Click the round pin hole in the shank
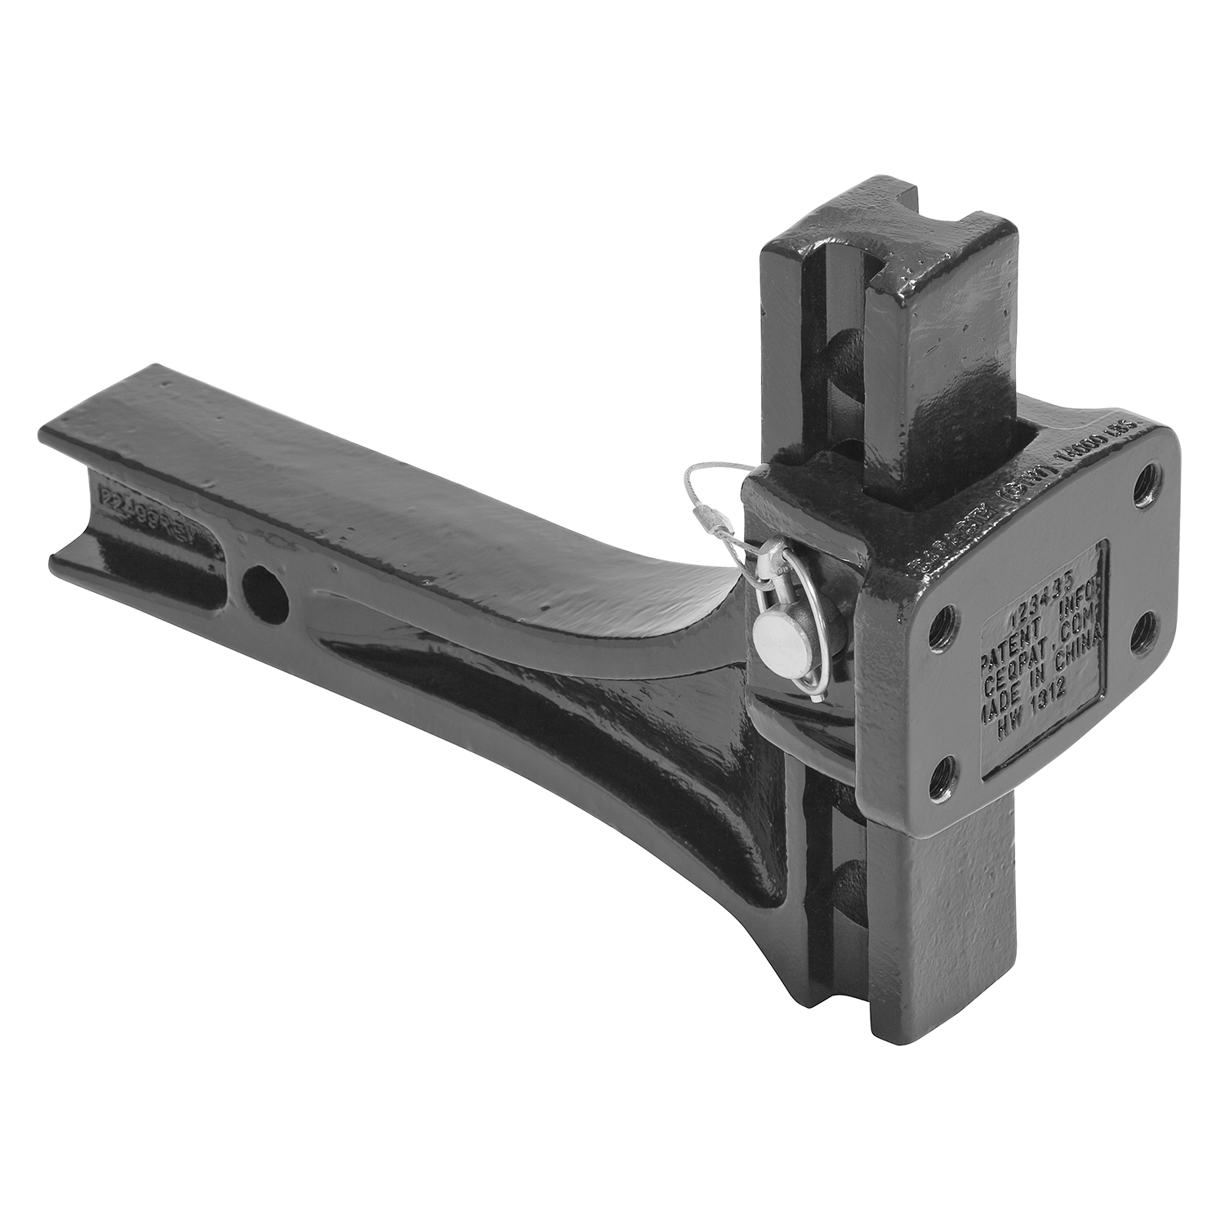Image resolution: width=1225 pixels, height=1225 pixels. pos(265,585)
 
